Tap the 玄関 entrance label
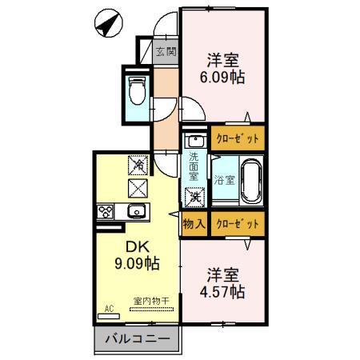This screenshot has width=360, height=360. pyautogui.click(x=166, y=53)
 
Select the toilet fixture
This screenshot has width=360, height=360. pyautogui.click(x=135, y=91)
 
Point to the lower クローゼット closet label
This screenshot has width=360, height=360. pyautogui.click(x=238, y=224)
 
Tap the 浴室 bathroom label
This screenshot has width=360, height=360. pyautogui.click(x=223, y=181)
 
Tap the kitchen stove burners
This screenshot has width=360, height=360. pyautogui.click(x=106, y=212)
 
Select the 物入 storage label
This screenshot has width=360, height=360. pyautogui.click(x=194, y=224)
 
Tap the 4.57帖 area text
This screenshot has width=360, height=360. pyautogui.click(x=222, y=291)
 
